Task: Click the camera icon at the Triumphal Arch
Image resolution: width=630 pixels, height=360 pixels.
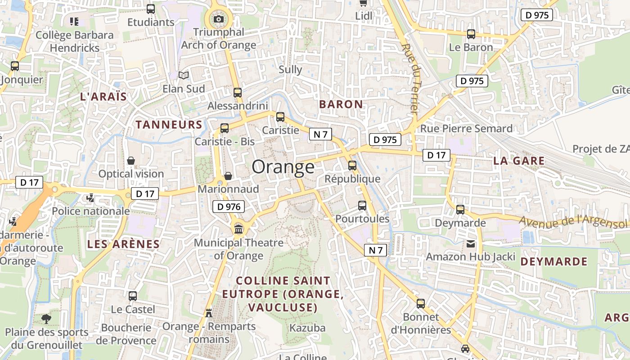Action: coord(219,19)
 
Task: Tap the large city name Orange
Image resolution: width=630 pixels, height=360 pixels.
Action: coord(283,167)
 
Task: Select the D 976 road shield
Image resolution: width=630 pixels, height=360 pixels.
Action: coord(228,207)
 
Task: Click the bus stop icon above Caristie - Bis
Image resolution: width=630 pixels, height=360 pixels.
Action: coord(225,128)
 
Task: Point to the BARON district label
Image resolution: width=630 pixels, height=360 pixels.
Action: coord(341,104)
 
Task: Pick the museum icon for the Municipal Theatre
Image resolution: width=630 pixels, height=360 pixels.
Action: coord(238,229)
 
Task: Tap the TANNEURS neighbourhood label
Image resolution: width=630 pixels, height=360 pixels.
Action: coord(169,125)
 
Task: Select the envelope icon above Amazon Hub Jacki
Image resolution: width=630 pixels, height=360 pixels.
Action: coord(470,244)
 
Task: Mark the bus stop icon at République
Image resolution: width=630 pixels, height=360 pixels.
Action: coord(352,165)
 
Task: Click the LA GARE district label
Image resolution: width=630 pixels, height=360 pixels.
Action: coord(519,161)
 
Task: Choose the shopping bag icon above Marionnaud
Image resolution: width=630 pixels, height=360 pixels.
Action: coord(228,175)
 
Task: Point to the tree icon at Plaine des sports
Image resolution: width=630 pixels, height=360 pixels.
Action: coord(46,319)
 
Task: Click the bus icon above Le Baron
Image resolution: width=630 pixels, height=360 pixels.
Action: coord(471,34)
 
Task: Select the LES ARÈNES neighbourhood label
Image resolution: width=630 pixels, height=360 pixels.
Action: coord(123,244)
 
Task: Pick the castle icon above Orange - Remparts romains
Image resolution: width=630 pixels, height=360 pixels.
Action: coord(209,313)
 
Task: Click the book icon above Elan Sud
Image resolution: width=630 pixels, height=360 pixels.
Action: coord(184,75)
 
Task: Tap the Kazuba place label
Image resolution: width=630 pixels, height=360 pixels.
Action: coord(307,328)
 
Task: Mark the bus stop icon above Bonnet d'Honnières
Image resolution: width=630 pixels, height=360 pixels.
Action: coord(421,303)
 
